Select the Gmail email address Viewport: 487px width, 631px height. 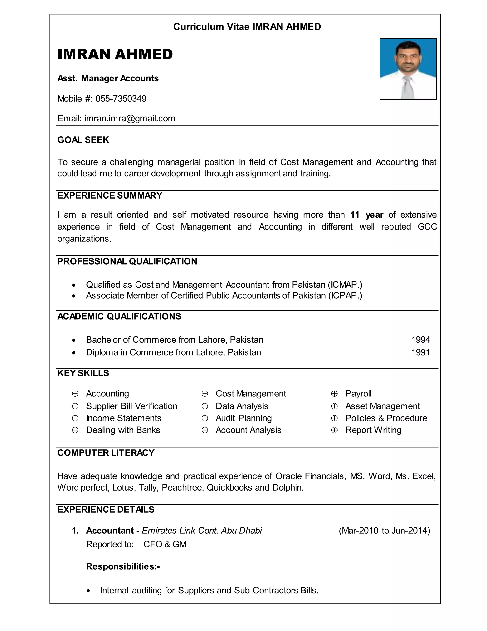[130, 118]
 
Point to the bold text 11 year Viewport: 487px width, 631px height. [366, 215]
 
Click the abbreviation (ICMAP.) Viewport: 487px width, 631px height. [345, 285]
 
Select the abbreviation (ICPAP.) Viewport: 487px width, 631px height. [345, 295]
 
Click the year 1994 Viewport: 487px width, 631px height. [420, 340]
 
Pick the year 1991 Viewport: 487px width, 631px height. [420, 352]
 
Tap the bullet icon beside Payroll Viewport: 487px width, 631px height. [334, 394]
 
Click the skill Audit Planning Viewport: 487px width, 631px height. [243, 418]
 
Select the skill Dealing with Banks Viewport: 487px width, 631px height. [123, 430]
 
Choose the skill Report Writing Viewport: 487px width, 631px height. [373, 430]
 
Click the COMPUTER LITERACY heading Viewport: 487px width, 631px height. [106, 453]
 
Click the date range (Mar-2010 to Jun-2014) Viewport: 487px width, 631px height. [384, 531]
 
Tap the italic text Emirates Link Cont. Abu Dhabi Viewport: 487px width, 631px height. [202, 531]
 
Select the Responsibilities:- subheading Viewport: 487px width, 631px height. [123, 566]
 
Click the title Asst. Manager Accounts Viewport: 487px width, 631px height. [108, 79]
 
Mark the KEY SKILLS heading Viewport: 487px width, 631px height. [83, 373]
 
